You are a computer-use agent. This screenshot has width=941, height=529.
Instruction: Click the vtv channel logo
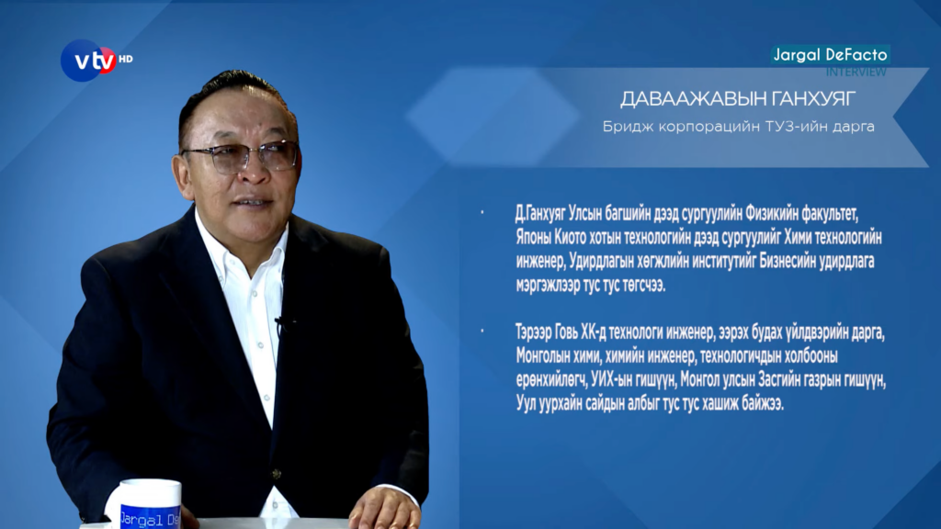(89, 60)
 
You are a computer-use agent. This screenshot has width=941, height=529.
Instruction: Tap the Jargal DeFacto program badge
(830, 54)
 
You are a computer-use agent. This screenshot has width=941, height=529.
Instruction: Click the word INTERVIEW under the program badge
(856, 72)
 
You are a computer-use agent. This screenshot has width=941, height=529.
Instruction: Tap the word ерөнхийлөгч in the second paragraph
(551, 380)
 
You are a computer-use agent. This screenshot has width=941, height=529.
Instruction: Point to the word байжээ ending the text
(762, 404)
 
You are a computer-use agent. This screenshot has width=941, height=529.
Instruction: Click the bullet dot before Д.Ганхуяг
(482, 212)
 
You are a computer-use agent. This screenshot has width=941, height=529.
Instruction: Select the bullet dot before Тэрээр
(482, 331)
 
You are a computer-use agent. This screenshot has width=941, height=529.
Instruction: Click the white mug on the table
(147, 504)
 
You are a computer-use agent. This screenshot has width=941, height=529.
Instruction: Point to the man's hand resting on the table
(383, 509)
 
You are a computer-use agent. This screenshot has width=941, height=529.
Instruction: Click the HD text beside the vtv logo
(125, 59)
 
